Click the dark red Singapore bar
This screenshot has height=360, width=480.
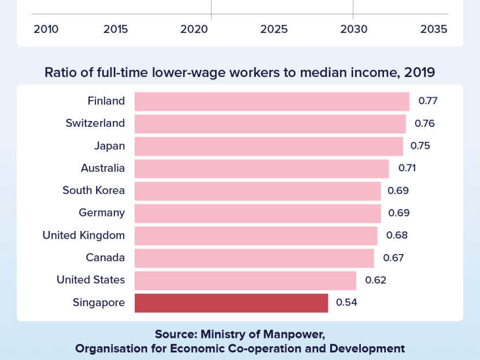point(231,303)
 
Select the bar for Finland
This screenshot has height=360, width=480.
point(272,101)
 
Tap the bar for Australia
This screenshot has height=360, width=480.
point(261,168)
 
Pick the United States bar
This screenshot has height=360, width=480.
point(245,280)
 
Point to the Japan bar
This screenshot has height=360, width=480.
point(268,146)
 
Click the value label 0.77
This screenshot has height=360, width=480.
point(428,101)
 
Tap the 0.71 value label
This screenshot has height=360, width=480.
point(407,168)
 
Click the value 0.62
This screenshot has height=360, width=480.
point(375,280)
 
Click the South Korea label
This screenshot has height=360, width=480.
point(94,190)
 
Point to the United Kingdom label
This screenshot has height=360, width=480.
point(83,235)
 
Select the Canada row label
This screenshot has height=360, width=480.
point(105,258)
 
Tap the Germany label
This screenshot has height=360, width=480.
point(102,212)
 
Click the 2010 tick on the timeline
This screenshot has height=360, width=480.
point(46,29)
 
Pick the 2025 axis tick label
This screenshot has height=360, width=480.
point(274,29)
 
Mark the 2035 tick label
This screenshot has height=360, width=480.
point(434,29)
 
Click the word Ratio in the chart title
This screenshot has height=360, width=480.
point(61,73)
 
